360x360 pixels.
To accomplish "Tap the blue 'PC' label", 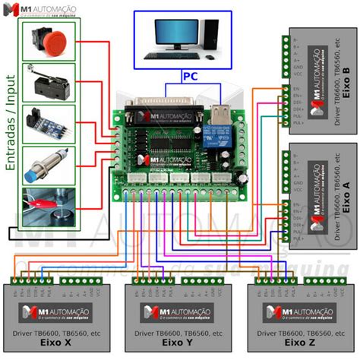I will point(191,76).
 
